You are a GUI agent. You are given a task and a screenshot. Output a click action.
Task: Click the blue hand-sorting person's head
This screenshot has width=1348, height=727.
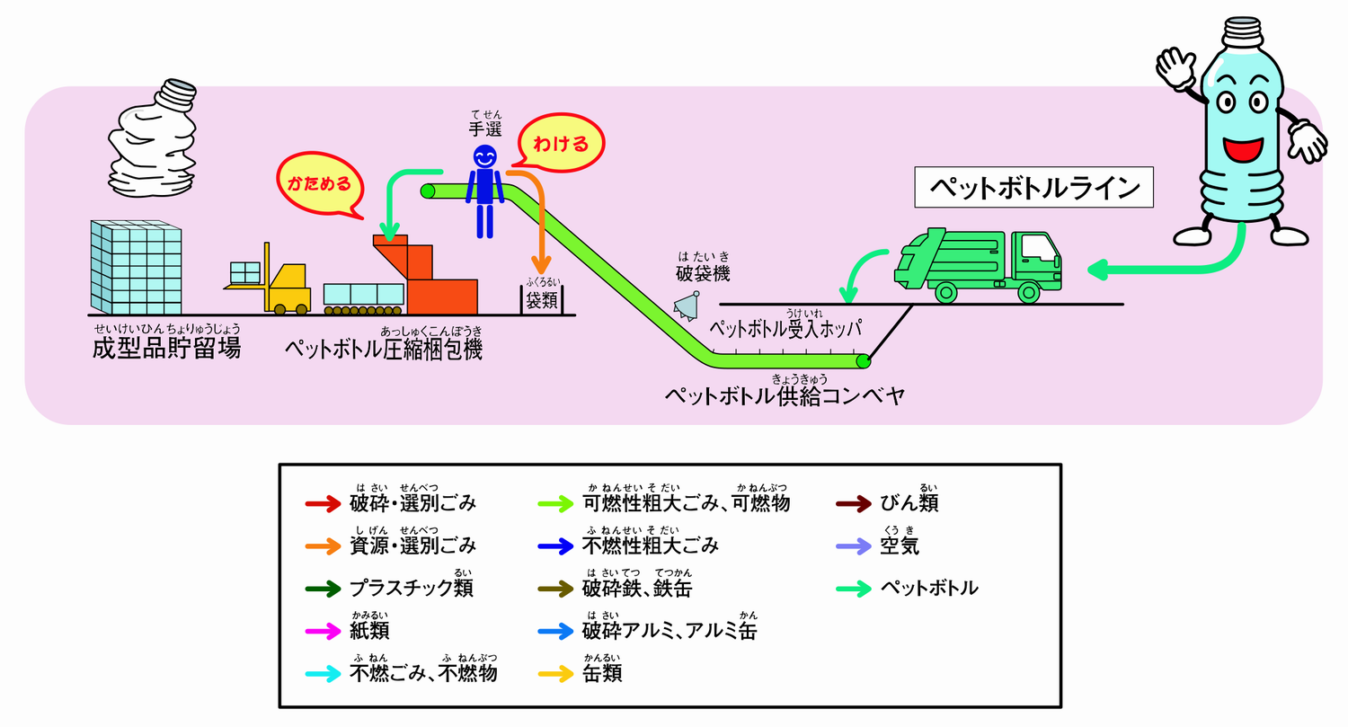click(485, 158)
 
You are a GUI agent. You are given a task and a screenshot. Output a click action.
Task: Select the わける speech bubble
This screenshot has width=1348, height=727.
click(561, 143)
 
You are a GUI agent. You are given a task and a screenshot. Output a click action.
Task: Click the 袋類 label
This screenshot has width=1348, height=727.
click(543, 301)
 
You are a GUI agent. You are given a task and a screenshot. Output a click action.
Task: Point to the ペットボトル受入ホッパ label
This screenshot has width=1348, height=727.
click(785, 328)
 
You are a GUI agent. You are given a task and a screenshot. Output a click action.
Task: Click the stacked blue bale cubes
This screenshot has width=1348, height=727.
click(136, 266)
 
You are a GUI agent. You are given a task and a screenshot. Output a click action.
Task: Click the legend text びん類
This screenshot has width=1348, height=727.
click(909, 503)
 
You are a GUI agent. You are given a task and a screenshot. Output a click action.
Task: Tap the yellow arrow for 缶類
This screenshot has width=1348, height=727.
click(554, 673)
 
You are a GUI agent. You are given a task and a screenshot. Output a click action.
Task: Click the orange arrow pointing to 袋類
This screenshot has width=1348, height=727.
click(539, 225)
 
